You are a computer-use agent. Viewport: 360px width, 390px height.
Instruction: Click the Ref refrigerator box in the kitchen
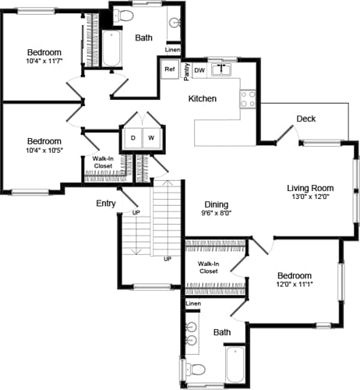(x=170, y=69)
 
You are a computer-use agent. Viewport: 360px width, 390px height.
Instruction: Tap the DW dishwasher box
(x=199, y=69)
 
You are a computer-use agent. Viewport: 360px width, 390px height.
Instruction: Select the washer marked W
(x=150, y=138)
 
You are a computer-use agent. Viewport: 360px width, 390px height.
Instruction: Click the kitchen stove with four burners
(x=248, y=99)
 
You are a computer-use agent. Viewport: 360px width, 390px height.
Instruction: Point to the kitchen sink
(x=223, y=69)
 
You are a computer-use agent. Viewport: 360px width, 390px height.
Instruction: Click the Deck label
(x=305, y=119)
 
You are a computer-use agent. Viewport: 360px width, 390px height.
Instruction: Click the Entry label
(x=106, y=203)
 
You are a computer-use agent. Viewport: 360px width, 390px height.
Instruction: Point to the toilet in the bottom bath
(x=196, y=368)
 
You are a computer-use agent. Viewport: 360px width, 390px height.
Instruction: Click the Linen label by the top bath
(x=172, y=50)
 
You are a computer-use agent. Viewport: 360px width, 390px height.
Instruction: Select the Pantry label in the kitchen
(x=186, y=73)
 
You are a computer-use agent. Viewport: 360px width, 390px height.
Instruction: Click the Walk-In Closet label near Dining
(x=207, y=268)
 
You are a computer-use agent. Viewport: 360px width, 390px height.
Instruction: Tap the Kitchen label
(x=203, y=99)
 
